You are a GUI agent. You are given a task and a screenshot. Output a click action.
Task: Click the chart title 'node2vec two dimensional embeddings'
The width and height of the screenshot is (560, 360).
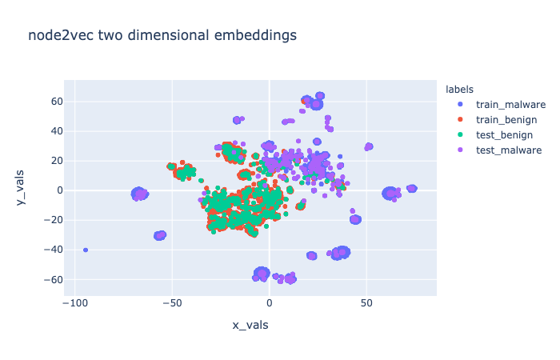click(162, 35)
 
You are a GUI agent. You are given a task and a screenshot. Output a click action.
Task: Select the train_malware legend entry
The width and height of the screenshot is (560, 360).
click(510, 104)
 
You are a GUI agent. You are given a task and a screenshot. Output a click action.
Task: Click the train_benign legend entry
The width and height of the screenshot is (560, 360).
click(506, 119)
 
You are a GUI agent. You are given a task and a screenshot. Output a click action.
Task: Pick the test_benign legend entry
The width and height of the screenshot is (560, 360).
click(504, 134)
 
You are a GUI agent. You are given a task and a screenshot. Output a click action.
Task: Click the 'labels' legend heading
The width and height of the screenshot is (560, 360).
click(460, 89)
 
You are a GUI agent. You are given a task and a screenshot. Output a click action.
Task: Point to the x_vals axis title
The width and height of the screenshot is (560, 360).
click(250, 325)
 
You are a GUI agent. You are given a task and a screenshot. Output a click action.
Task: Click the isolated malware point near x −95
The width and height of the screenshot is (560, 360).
click(86, 250)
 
